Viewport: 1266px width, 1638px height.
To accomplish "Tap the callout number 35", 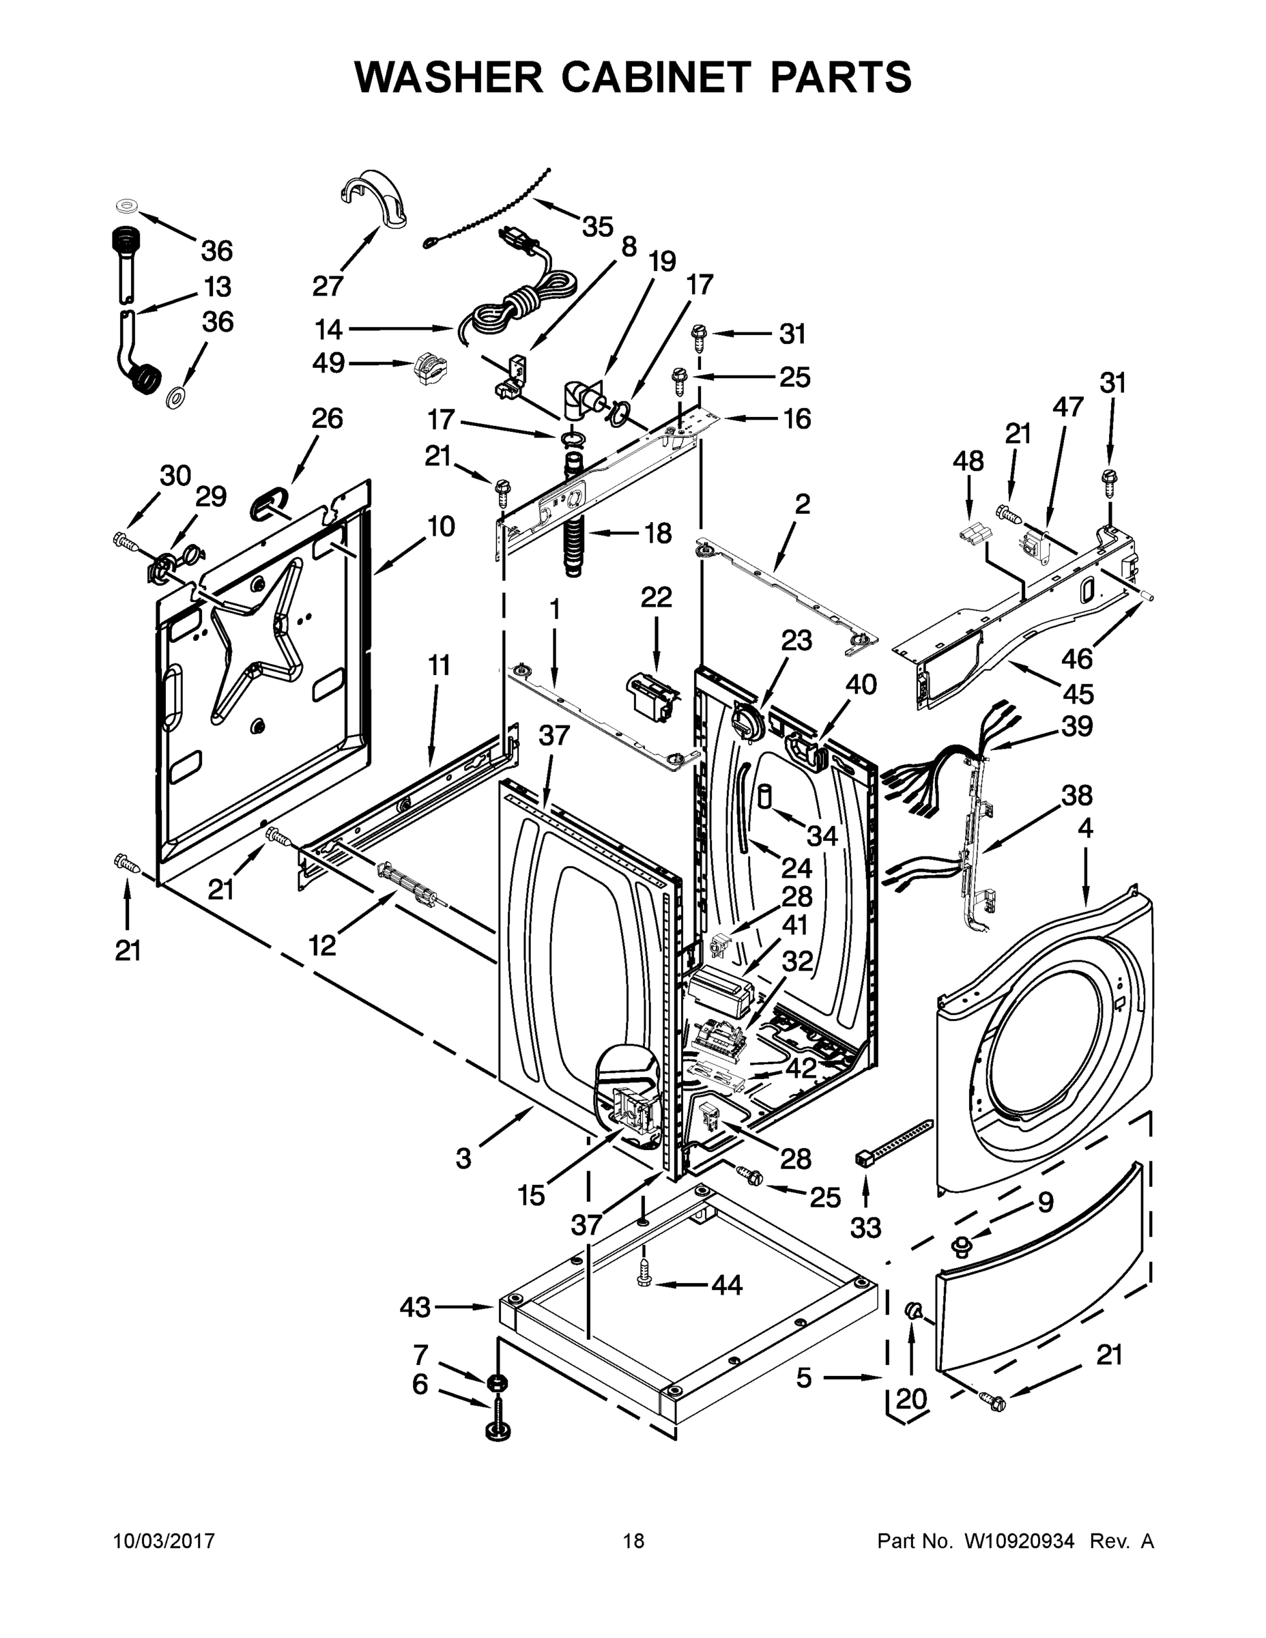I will point(598,227).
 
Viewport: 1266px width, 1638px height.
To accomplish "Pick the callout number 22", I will point(657,598).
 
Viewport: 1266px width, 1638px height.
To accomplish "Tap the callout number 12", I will point(323,947).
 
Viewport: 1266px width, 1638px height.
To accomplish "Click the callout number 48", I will point(968,461).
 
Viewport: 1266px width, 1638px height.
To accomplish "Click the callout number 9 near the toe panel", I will point(1045,1203).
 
